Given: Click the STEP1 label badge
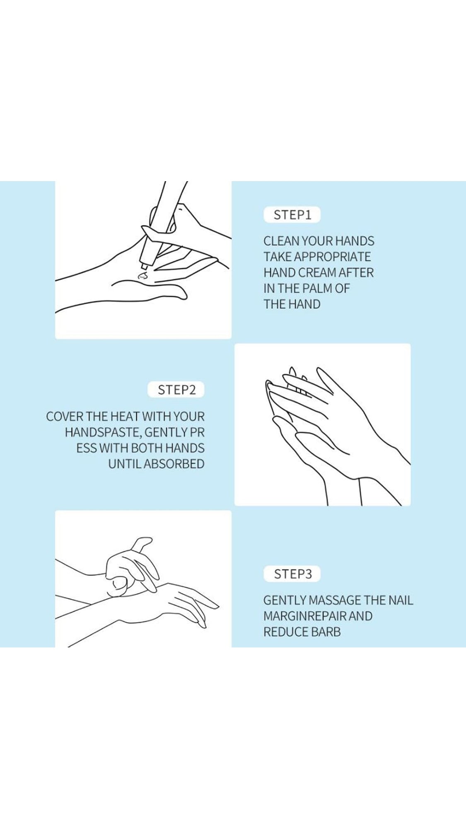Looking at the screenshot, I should [x=292, y=215].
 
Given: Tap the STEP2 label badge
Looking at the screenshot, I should [x=176, y=390].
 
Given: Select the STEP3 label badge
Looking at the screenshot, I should [x=292, y=574].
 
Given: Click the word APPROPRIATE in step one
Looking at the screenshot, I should [x=332, y=257].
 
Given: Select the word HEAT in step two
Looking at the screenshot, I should [x=124, y=417].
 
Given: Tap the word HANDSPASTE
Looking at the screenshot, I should [x=103, y=432].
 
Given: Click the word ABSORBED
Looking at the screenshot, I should [x=174, y=464].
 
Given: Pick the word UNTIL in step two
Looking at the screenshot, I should [x=125, y=464].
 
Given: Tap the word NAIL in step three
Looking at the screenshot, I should [x=401, y=600].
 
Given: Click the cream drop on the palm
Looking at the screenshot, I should [x=142, y=275].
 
